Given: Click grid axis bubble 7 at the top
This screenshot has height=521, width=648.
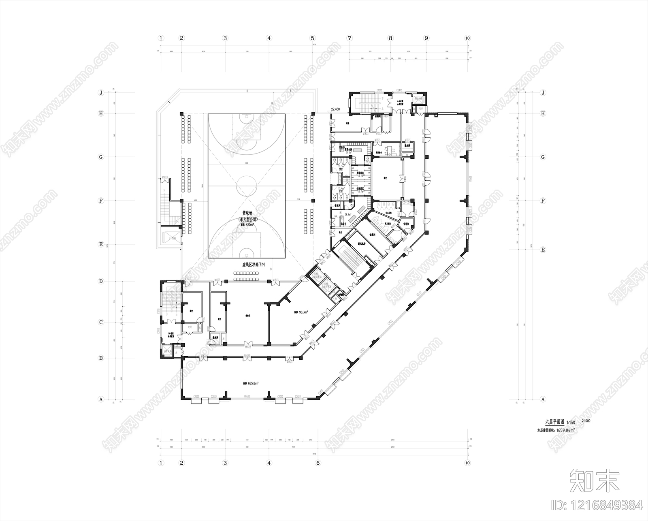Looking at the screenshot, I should click(x=350, y=38).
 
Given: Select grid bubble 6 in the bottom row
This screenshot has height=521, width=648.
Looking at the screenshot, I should click(x=318, y=463).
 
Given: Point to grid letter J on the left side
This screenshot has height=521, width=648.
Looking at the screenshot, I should click(x=101, y=93).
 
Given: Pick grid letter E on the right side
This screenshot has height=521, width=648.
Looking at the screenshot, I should click(x=543, y=250).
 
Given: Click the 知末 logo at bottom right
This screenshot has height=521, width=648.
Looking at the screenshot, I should click(x=594, y=480).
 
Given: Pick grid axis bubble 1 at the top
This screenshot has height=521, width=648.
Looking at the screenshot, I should click(x=161, y=38).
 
